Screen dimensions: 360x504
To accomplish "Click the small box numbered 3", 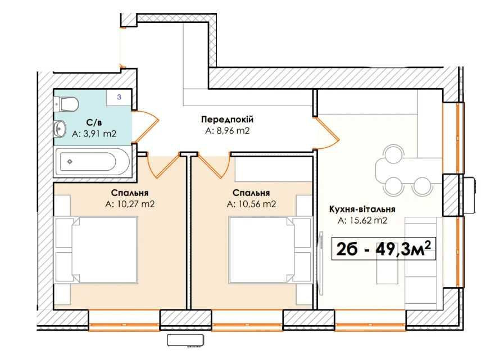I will point(119,97).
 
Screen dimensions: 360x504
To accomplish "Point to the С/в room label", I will point(93,123).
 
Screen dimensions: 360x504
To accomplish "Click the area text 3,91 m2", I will point(94,134).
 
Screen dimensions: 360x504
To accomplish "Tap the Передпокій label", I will point(227,120).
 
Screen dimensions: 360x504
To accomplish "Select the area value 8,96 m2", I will point(227,130).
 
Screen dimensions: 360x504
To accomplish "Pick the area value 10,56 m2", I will point(251,204).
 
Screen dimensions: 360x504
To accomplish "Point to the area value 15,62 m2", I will point(362,221).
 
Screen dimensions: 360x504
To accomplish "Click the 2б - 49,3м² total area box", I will point(386,248).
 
